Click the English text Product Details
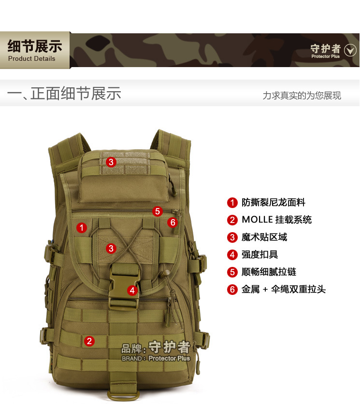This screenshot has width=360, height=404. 32,59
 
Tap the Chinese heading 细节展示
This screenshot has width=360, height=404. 35,46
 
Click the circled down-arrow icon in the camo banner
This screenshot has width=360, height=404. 350,50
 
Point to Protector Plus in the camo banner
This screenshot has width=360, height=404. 325,56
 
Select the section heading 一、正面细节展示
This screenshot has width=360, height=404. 64,93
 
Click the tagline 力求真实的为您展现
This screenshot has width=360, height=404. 302,96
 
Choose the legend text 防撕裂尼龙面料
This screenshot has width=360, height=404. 274,203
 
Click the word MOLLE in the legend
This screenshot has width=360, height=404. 257,220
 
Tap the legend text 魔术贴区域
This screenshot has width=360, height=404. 264,237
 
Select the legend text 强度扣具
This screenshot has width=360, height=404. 259,254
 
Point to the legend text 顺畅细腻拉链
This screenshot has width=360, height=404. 269,272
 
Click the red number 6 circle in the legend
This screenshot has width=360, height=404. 232,289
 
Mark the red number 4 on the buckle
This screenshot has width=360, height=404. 132,291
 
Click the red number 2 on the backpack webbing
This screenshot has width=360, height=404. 89,341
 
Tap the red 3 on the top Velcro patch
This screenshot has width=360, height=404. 111,162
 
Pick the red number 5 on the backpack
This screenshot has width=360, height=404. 158,211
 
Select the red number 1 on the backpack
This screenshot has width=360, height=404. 82,228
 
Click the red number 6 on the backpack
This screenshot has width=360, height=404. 173,223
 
